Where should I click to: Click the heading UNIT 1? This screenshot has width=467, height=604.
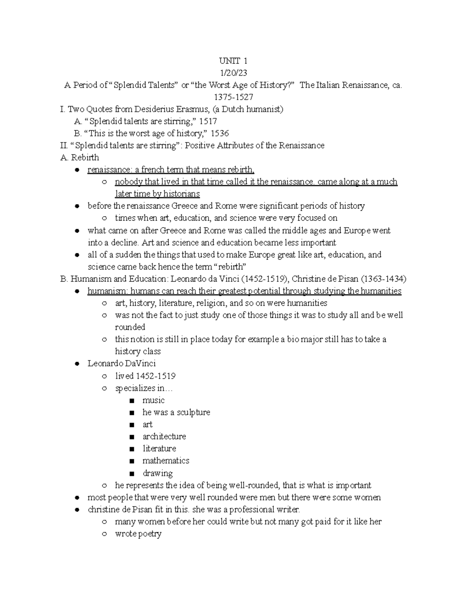233,61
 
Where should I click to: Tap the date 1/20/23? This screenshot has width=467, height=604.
233,73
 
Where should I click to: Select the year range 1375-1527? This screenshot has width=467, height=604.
233,97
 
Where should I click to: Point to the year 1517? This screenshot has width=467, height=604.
208,121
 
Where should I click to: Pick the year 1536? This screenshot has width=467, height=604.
219,133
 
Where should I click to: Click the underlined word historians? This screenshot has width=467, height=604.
181,194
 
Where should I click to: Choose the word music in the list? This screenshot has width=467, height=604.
153,400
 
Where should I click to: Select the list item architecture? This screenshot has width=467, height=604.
164,436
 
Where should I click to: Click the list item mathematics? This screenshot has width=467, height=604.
166,460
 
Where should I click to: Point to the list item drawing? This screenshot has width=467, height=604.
157,473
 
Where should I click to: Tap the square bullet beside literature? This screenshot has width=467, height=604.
132,449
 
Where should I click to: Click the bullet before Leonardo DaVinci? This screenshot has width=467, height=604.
77,364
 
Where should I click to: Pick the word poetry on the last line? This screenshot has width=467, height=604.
149,534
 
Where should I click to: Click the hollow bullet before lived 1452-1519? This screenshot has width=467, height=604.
104,376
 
